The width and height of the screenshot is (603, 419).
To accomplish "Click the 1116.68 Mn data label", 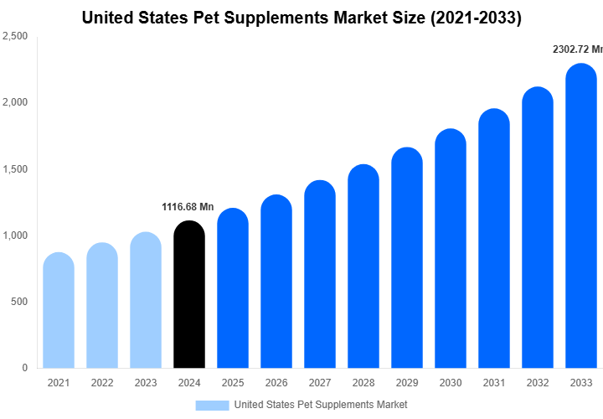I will point(188,206).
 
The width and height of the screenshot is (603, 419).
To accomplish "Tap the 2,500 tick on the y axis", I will point(15,37).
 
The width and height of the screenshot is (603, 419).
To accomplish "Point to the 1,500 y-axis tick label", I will point(15,169).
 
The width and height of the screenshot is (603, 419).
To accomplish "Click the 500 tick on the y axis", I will point(18,302).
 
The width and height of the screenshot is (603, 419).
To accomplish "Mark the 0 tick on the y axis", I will point(24,368).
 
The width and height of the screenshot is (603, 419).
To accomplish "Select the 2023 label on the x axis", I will point(145,383).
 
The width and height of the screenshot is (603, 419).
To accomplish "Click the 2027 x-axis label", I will point(319,383).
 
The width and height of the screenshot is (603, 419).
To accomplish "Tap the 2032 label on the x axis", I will point(537,383).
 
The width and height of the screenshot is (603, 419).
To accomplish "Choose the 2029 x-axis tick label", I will point(406,383).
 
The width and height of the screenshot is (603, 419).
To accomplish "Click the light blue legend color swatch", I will point(212,405).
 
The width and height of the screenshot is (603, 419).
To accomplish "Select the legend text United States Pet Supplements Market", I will point(321,405).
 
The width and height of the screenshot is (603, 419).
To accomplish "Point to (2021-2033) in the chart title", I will point(474,17).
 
